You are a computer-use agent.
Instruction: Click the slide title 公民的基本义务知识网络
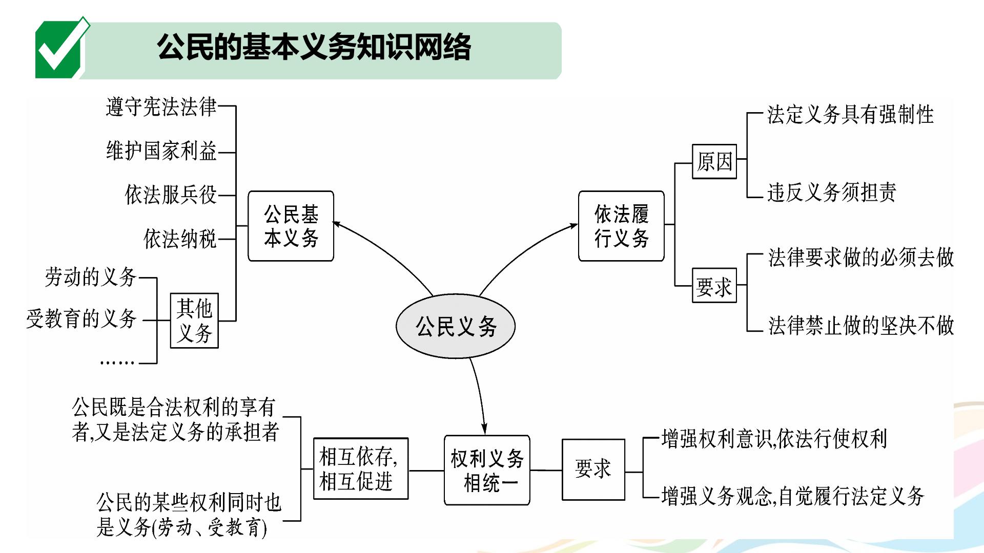314,47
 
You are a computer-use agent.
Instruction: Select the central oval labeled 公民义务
456,326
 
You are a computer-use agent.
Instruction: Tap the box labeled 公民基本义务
291,226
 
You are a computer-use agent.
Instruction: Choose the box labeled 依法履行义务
621,226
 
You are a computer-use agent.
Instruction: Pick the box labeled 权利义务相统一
487,470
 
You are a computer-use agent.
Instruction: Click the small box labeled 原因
714,161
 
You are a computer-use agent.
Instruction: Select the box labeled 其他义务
194,321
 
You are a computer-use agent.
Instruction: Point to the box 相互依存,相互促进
361,468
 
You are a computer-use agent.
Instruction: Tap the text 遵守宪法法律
161,107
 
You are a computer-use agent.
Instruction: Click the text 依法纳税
180,239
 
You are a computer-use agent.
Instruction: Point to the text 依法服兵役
171,195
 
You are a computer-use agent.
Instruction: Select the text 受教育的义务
81,318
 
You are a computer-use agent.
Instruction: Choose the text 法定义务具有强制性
851,114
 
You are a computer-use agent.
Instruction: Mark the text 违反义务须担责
832,192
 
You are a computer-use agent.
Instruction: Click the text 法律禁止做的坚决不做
861,325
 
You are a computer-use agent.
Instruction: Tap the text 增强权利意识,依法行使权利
774,439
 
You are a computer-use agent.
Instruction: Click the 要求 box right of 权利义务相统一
593,469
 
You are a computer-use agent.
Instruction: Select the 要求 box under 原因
714,285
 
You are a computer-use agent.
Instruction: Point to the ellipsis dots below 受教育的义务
117,363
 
